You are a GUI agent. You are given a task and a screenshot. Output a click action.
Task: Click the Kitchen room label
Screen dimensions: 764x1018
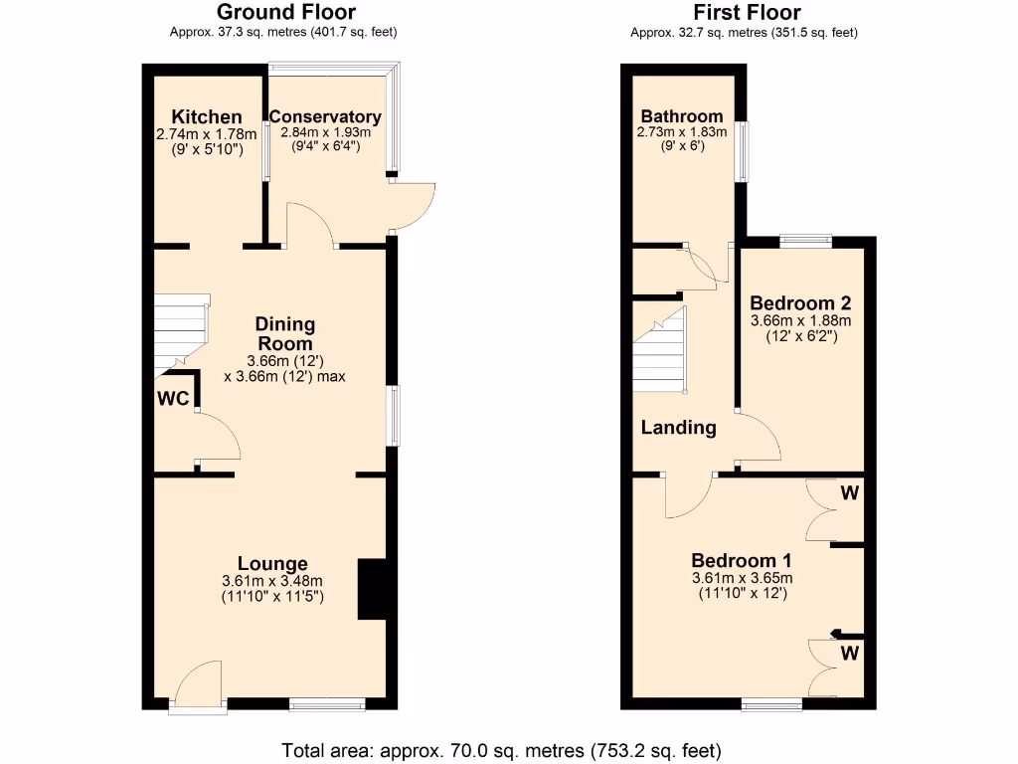point(206,117)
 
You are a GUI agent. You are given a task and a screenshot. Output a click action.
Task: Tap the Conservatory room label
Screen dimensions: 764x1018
point(325,117)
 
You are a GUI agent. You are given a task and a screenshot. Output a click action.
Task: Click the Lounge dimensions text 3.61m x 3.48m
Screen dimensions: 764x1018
point(272,581)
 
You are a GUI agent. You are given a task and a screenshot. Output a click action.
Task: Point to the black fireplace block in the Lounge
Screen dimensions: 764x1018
point(370,589)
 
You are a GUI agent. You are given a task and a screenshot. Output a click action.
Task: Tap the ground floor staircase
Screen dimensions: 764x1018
point(179,333)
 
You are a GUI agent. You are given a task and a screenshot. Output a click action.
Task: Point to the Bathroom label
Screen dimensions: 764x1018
point(682,116)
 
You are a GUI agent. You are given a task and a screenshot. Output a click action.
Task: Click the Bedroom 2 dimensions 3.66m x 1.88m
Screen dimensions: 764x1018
point(800,320)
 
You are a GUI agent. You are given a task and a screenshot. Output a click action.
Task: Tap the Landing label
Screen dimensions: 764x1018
point(678,428)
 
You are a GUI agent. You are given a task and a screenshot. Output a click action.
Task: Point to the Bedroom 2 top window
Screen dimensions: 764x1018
point(805,239)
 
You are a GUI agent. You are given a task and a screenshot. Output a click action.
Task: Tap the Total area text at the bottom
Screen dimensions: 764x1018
point(501,749)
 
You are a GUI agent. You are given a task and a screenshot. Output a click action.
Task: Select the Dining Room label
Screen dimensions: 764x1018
point(285,333)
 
